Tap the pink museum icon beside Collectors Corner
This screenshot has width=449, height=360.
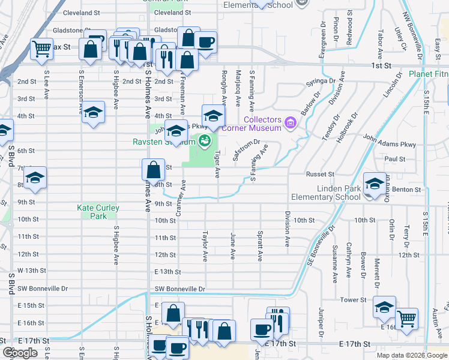pyautogui.click(x=291, y=124)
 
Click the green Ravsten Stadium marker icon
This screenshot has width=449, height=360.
pyautogui.click(x=205, y=142)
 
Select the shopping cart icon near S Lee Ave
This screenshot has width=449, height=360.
pyautogui.click(x=41, y=48)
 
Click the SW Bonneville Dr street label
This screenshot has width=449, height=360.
pyautogui.click(x=179, y=289)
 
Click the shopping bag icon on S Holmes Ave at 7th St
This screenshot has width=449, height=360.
pyautogui.click(x=153, y=169)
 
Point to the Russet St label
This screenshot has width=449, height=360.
pyautogui.click(x=321, y=174)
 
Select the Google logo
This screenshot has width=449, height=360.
pyautogui.click(x=20, y=353)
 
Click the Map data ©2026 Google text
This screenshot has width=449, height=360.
pyautogui.click(x=412, y=355)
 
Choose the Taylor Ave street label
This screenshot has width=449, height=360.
pyautogui.click(x=205, y=247)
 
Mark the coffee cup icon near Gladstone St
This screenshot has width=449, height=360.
pyautogui.click(x=205, y=42)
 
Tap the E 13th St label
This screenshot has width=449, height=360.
pyautogui.click(x=167, y=272)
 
